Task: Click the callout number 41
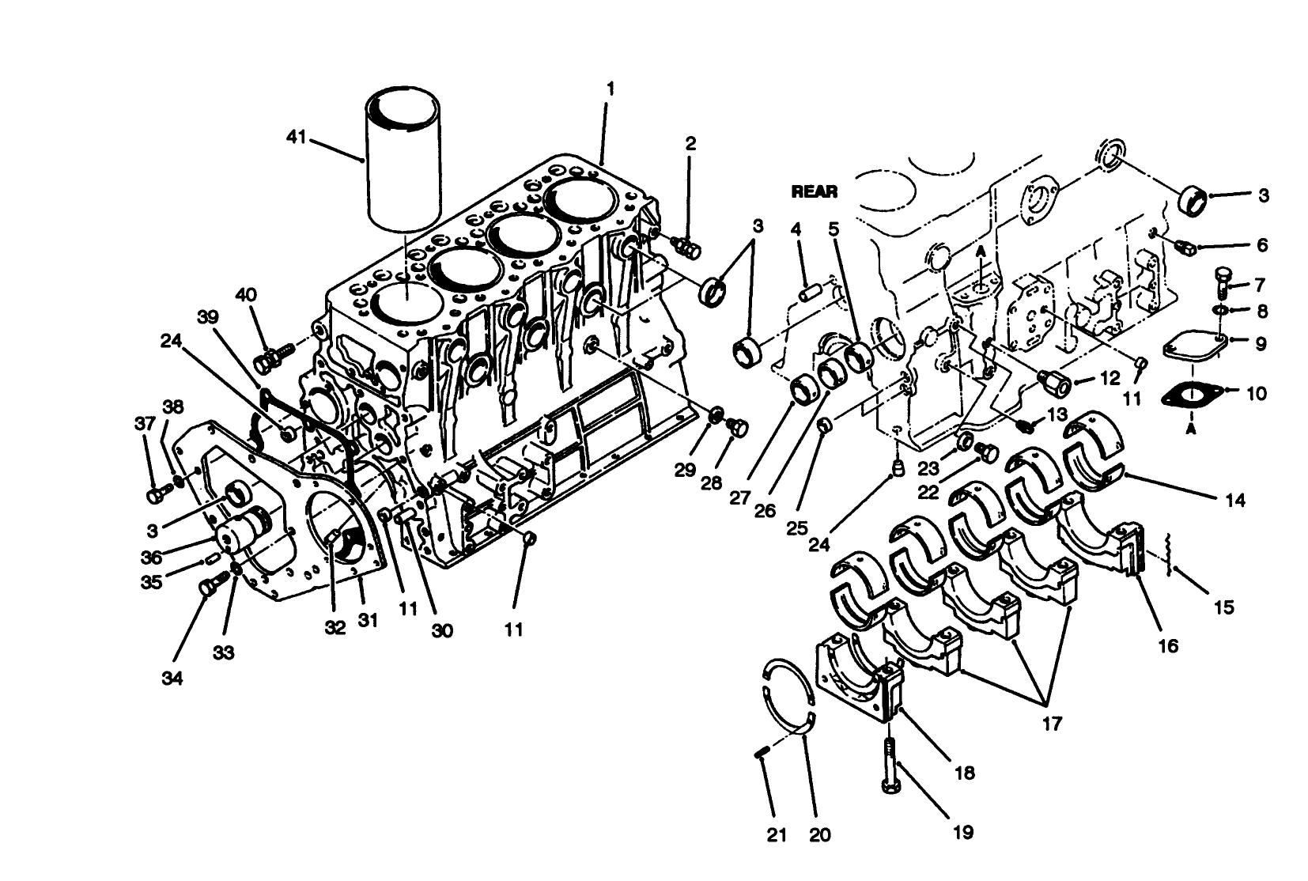[295, 138]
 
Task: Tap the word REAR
[814, 191]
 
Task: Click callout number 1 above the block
[609, 89]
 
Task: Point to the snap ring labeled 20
[791, 696]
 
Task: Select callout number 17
[1051, 722]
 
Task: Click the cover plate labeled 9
[1194, 346]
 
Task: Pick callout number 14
[1235, 500]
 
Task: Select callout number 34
[172, 678]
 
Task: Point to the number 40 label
[246, 295]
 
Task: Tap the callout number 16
[1167, 645]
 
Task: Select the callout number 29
[685, 470]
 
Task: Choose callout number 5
[833, 229]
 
